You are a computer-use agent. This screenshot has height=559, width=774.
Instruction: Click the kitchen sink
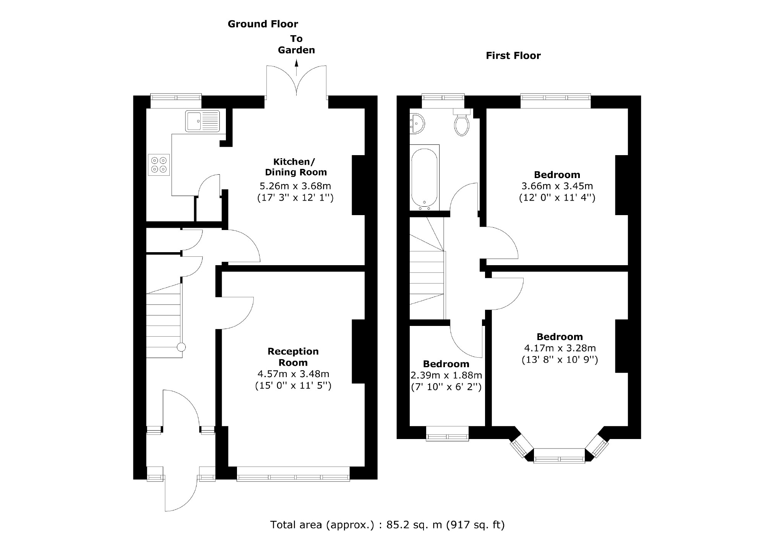click(203, 121)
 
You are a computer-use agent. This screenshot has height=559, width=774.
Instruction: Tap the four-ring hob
click(159, 165)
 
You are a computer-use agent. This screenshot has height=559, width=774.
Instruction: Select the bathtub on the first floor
click(424, 177)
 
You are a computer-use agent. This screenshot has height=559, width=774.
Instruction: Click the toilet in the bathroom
click(462, 123)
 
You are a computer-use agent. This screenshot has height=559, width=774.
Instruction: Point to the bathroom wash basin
click(417, 123)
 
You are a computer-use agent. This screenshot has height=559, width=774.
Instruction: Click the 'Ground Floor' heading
click(263, 24)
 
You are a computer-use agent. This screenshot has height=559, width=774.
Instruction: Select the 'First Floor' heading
click(513, 56)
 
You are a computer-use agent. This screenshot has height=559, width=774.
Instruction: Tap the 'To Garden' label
click(296, 44)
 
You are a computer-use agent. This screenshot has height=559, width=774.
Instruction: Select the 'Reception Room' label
click(293, 357)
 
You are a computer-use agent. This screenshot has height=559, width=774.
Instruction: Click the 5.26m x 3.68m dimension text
click(295, 186)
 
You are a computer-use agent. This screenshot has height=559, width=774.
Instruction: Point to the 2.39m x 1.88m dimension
click(446, 375)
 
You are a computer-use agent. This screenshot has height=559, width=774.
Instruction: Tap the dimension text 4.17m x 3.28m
click(560, 348)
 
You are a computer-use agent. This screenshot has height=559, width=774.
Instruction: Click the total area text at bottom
click(387, 525)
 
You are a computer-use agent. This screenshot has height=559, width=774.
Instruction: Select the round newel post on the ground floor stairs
click(181, 347)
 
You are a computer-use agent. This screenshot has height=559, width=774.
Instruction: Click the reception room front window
click(293, 477)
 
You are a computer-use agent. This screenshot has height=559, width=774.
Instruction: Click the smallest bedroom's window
click(447, 437)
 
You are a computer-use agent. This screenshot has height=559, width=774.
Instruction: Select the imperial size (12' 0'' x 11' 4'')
click(557, 198)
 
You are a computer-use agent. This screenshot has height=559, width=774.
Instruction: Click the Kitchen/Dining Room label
click(295, 167)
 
